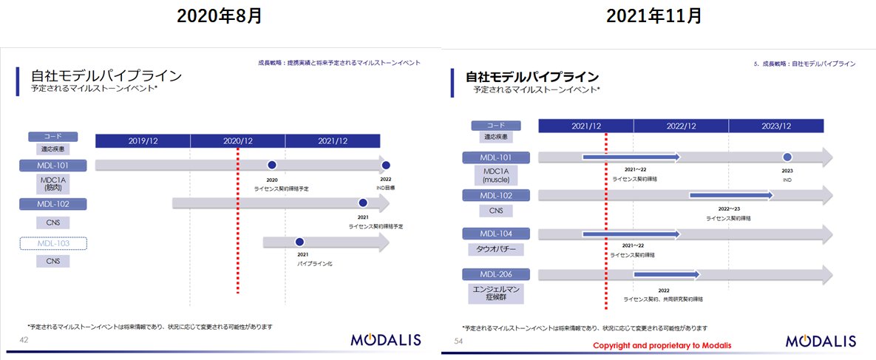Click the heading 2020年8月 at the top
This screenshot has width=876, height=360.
(x=219, y=16)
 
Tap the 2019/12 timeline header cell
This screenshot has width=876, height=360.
(x=143, y=140)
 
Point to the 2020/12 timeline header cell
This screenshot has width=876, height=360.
(x=238, y=140)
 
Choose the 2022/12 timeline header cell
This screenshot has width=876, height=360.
(x=681, y=126)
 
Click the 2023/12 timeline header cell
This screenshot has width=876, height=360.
(x=776, y=126)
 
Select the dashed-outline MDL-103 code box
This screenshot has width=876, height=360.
(x=54, y=243)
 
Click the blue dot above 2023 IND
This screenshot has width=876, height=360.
(x=787, y=157)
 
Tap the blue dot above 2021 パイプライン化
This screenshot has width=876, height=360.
(x=299, y=242)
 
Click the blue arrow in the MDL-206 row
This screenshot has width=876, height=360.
(x=666, y=275)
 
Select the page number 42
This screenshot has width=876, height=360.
(x=24, y=339)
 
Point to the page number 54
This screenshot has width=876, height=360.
(x=458, y=340)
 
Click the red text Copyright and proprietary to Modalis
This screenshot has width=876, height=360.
(x=662, y=346)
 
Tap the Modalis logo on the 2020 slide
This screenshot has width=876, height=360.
(x=385, y=340)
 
